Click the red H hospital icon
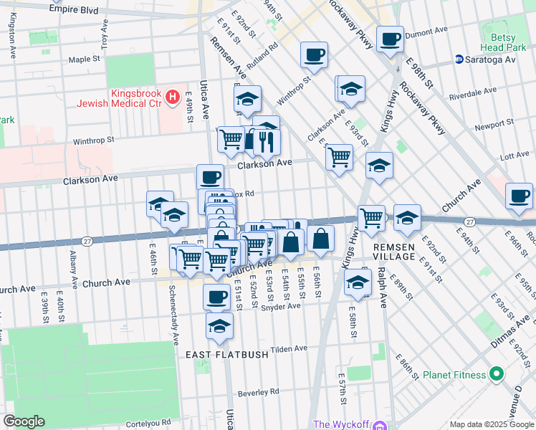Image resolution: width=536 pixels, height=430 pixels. [x=172, y=96]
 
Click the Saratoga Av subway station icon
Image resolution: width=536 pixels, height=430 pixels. [x=458, y=59]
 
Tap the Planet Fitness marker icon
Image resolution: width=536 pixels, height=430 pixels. [x=495, y=374]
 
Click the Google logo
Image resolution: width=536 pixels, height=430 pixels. [x=24, y=421]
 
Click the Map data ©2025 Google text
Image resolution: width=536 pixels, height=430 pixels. [x=491, y=424]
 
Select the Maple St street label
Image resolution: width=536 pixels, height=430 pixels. [x=84, y=59]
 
